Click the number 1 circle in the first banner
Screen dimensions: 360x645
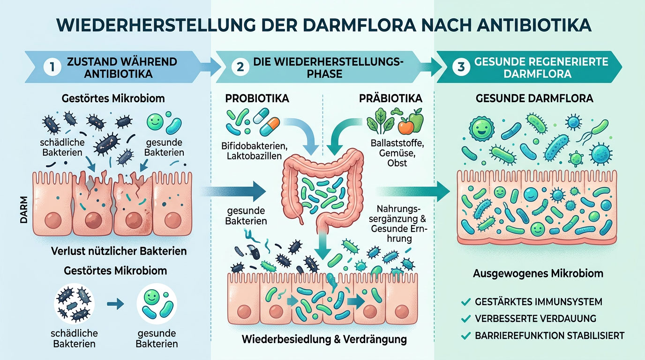(52, 67)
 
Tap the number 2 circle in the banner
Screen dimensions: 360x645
(240, 67)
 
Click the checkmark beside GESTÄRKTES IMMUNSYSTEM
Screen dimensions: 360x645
(465, 302)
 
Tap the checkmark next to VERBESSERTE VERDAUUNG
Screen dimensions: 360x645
(465, 319)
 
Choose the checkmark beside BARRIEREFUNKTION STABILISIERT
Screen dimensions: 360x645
(465, 336)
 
